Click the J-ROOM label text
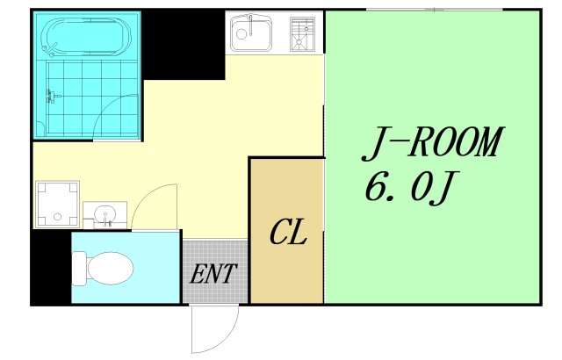pyautogui.click(x=433, y=143)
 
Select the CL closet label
pyautogui.click(x=288, y=232)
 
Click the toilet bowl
pyautogui.click(x=111, y=269)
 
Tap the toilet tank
pyautogui.click(x=79, y=269)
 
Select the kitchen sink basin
pyautogui.click(x=250, y=33)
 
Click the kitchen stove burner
pyautogui.click(x=302, y=34)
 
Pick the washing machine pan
pyautogui.click(x=56, y=205)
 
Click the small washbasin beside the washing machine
pyautogui.click(x=105, y=215)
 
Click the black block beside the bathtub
pyautogui.click(x=184, y=44)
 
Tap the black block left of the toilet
pyautogui.click(x=51, y=267)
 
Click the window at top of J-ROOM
pyautogui.click(x=435, y=10)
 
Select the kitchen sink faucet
pyautogui.click(x=251, y=25)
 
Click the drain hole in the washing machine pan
pyautogui.click(x=57, y=217)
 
